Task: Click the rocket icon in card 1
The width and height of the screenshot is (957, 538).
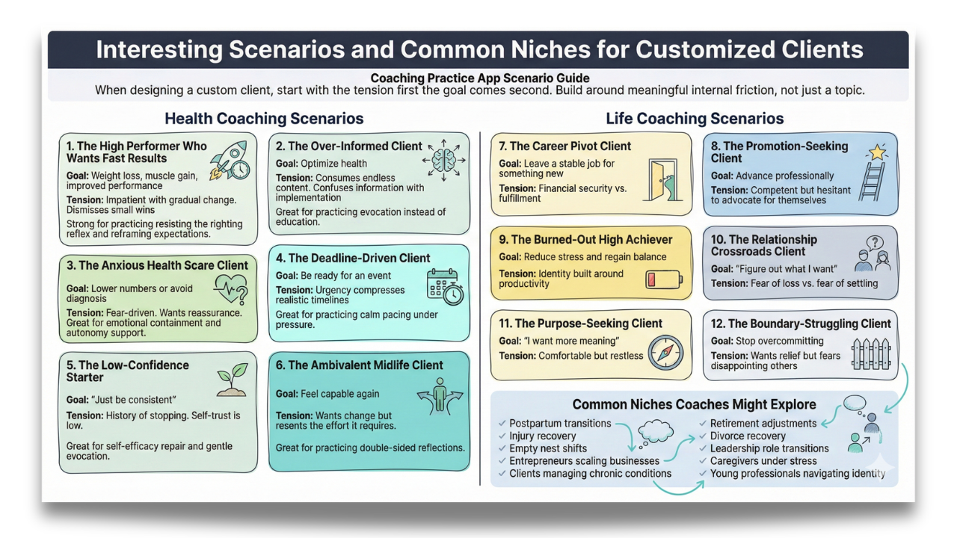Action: [230, 161]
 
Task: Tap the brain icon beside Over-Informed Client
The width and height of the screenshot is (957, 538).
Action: [444, 160]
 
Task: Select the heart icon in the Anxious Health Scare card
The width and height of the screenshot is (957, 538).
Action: [231, 289]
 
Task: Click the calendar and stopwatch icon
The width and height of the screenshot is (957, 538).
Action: [445, 286]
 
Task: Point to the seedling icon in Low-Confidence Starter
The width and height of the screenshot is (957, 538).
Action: [232, 380]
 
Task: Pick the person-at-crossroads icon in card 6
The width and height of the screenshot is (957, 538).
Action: [440, 396]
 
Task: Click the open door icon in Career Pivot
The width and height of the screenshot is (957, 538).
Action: [662, 180]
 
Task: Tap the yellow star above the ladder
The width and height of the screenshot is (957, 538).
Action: [877, 152]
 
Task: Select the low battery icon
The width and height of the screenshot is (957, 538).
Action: [664, 279]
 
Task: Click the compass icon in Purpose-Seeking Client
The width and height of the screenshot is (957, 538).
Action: [665, 353]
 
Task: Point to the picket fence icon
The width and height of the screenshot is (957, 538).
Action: [871, 354]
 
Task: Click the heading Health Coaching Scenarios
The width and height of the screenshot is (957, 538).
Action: [264, 118]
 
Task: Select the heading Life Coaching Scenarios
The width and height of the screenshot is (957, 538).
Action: [695, 118]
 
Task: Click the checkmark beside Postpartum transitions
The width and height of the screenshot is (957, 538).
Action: [502, 423]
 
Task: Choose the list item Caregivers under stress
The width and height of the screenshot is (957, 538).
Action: [763, 461]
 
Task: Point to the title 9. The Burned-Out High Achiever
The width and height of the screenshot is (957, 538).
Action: [585, 239]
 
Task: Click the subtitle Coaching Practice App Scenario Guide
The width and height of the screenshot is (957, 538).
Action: [480, 78]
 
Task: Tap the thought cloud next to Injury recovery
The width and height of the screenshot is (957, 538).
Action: [656, 431]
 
